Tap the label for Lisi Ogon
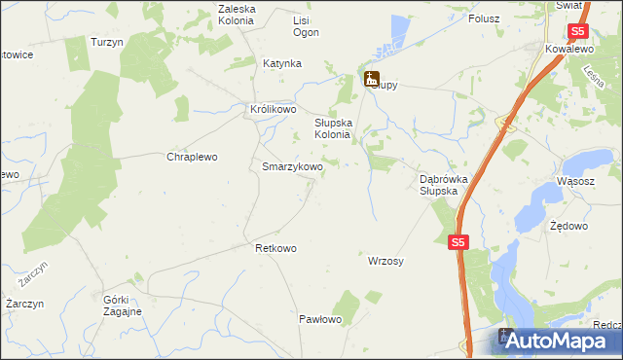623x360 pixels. (307, 25)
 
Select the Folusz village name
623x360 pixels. (484, 18)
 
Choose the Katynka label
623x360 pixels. (282, 63)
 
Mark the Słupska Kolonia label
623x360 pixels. (339, 129)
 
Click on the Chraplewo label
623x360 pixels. (192, 157)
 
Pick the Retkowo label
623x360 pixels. (275, 248)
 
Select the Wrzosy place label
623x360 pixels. (386, 261)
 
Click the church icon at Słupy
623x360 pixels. (371, 79)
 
